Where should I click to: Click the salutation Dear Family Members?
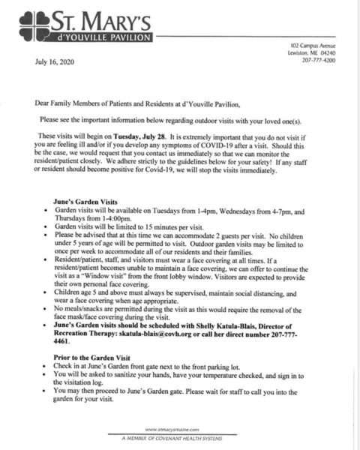(x=79, y=103)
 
